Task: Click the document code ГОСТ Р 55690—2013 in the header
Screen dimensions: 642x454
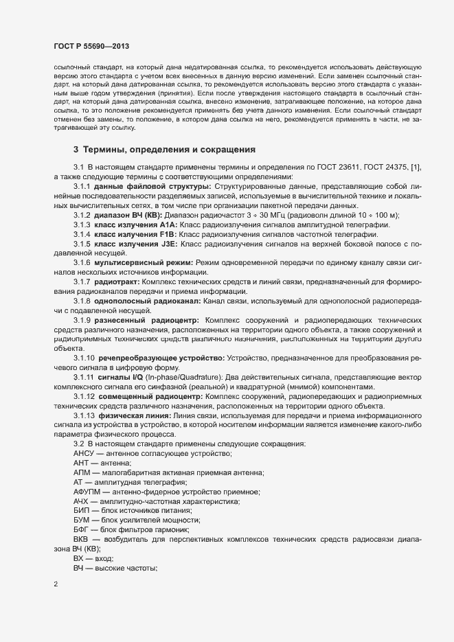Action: pyautogui.click(x=91, y=47)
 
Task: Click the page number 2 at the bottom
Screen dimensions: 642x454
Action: pyautogui.click(x=56, y=584)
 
